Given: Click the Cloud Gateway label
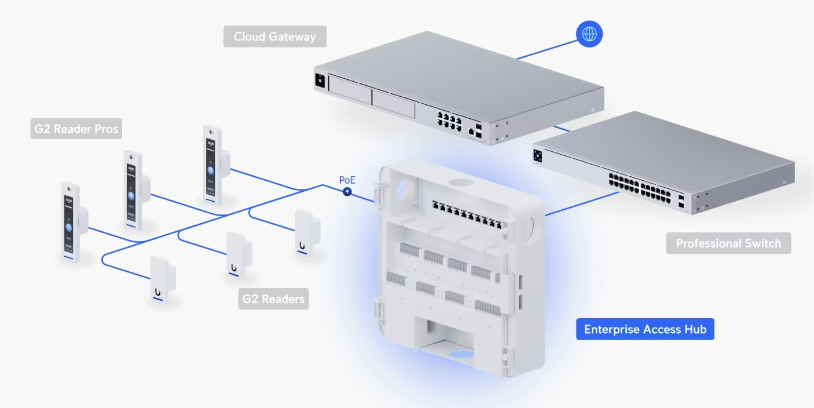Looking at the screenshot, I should tap(275, 37).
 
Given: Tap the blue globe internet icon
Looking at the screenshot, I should tap(589, 35).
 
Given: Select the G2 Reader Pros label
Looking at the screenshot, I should tap(76, 129).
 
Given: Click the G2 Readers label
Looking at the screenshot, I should tap(273, 299).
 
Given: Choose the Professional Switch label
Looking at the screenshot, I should tap(728, 243).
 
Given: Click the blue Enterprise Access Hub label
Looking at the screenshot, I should tap(645, 329).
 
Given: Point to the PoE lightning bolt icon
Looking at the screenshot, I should tap(347, 191).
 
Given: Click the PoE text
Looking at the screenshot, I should tap(347, 180).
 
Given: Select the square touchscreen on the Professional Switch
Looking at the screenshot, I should tap(538, 156).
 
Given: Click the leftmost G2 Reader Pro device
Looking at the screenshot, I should tap(71, 223).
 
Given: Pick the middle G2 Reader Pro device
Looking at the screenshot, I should tap(132, 188).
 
